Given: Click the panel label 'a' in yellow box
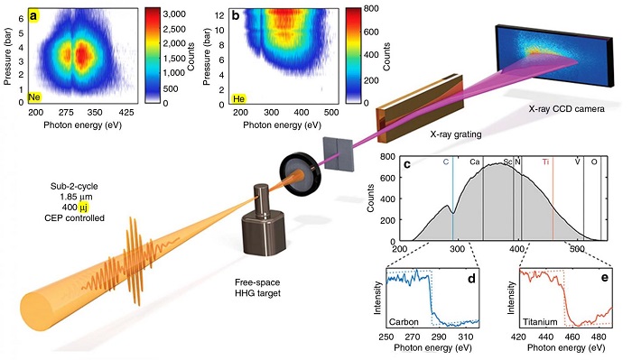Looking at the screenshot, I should tap(33, 15).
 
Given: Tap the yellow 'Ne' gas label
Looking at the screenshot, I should tap(34, 95).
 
